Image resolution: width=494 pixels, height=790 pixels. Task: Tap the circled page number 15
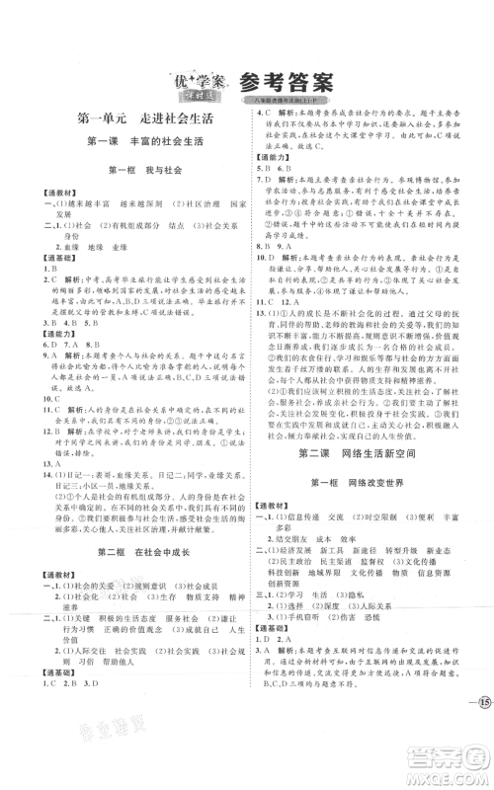(x=474, y=702)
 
